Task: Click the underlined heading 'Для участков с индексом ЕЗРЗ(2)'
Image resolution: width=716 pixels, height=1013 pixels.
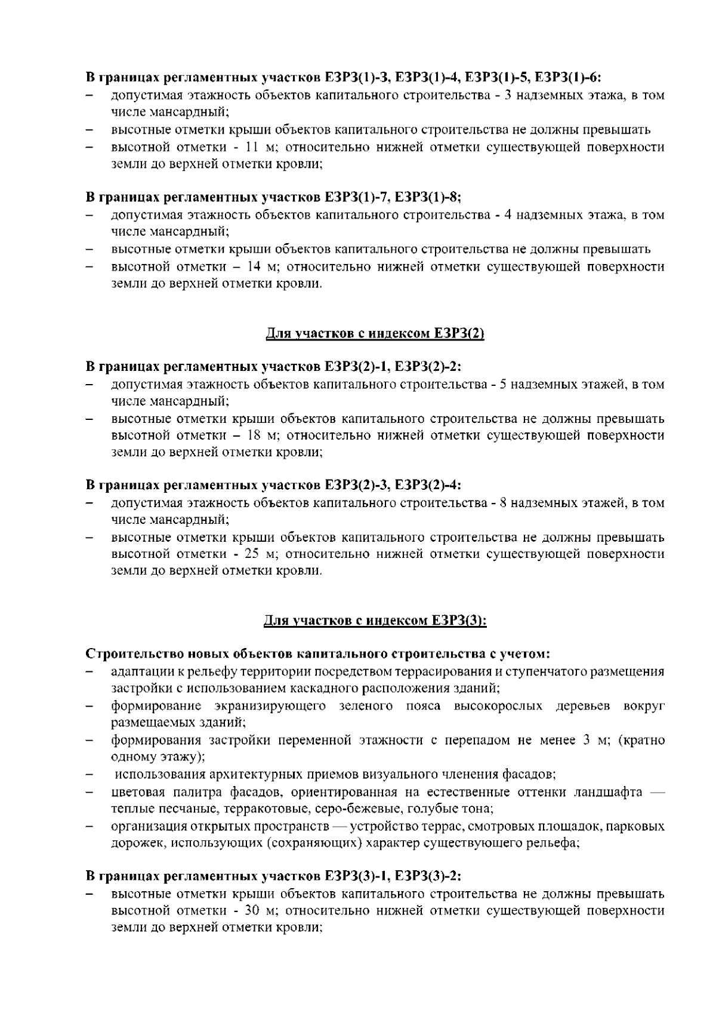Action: point(374,334)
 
